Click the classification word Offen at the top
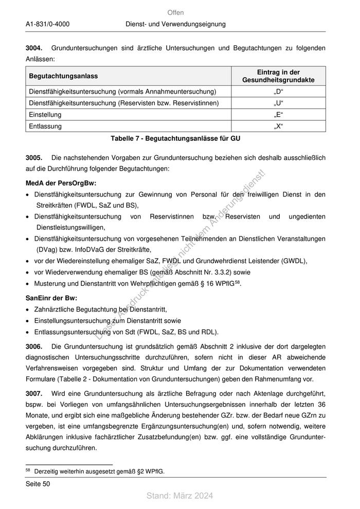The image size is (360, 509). click(x=175, y=12)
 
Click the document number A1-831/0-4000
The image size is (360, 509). click(x=47, y=24)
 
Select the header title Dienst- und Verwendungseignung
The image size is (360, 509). click(x=175, y=24)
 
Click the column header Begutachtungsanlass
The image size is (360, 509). click(x=63, y=76)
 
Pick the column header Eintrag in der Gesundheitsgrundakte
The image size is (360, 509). click(x=278, y=76)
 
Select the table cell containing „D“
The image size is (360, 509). click(x=279, y=92)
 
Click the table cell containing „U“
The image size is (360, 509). click(x=279, y=103)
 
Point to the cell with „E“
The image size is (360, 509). click(x=279, y=115)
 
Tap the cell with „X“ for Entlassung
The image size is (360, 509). click(x=279, y=126)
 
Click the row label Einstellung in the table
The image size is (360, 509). click(x=45, y=115)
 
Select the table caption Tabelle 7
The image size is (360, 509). click(x=175, y=138)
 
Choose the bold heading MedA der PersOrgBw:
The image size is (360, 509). click(x=61, y=183)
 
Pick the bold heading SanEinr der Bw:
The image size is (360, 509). click(x=51, y=298)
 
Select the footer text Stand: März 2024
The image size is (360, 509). click(x=179, y=496)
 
